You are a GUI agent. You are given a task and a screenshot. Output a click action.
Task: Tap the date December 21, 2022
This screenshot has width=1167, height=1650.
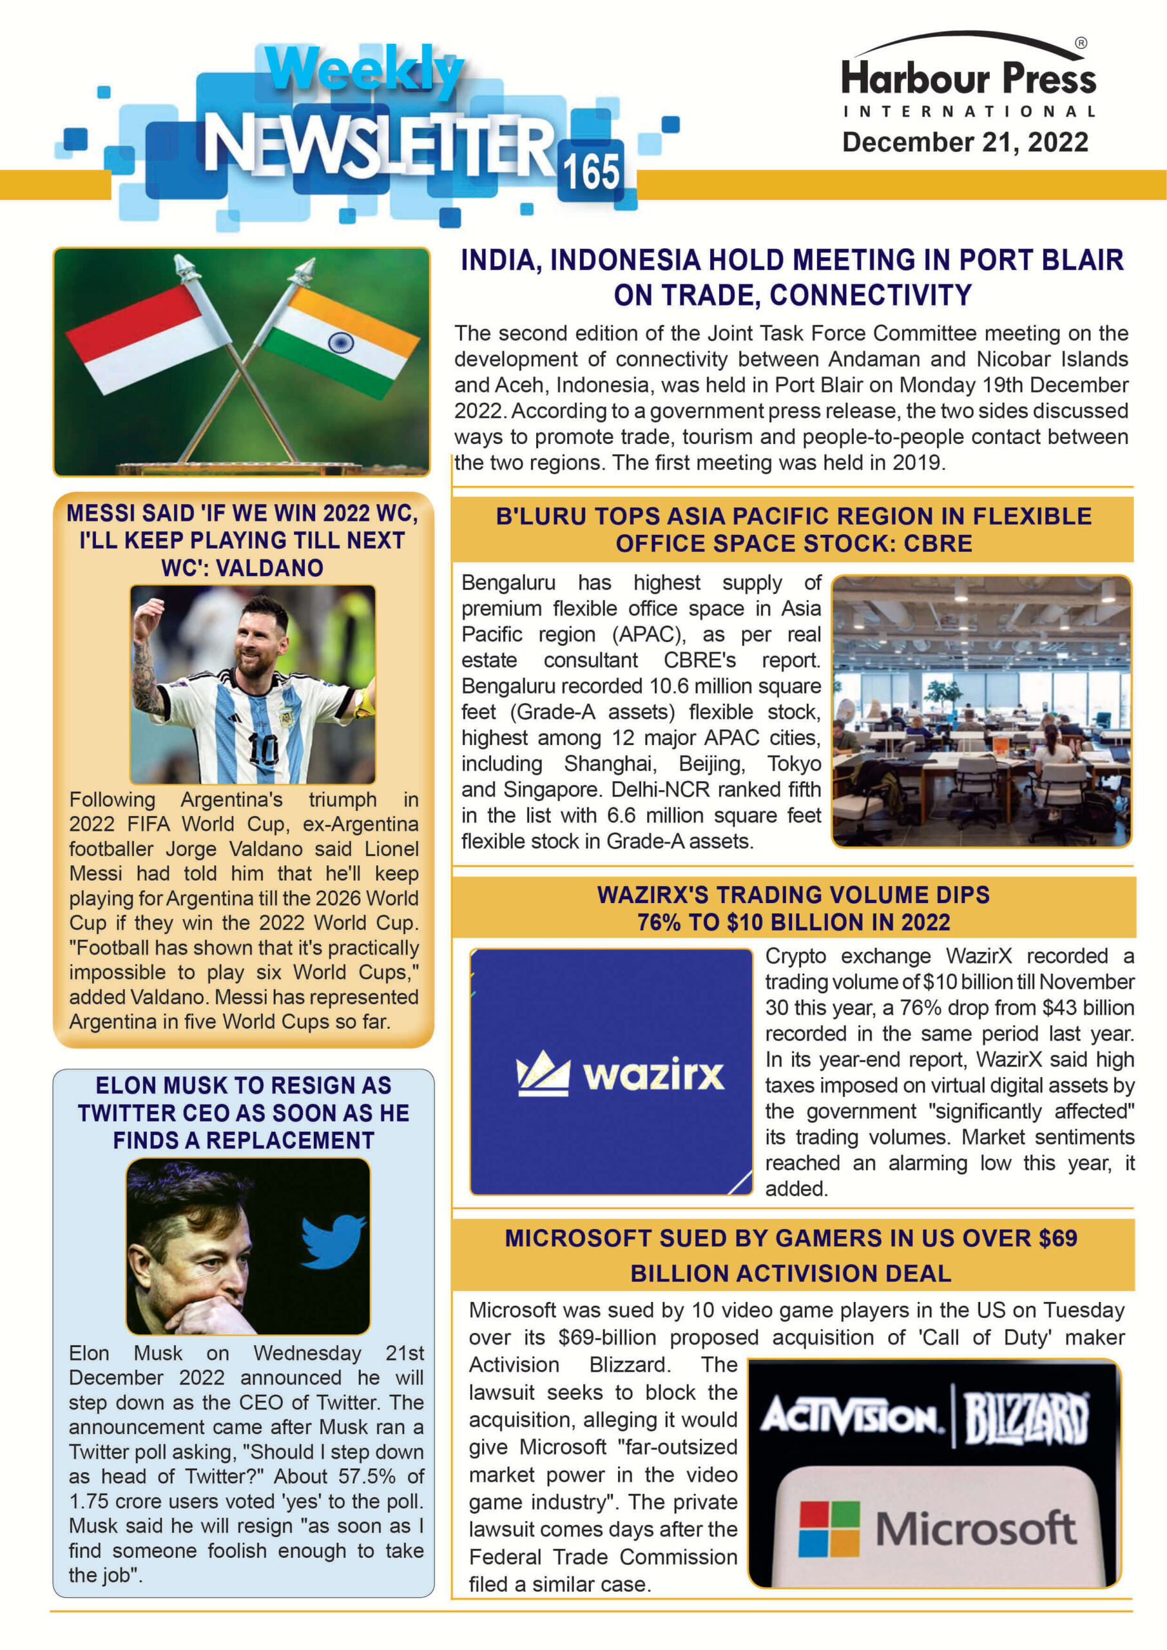click(965, 142)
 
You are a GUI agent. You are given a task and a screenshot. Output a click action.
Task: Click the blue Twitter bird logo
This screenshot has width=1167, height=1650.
click(333, 1240)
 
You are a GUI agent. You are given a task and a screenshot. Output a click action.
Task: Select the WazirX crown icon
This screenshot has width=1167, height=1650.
click(543, 1074)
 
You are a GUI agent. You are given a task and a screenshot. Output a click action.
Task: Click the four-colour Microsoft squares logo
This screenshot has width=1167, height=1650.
click(829, 1529)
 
